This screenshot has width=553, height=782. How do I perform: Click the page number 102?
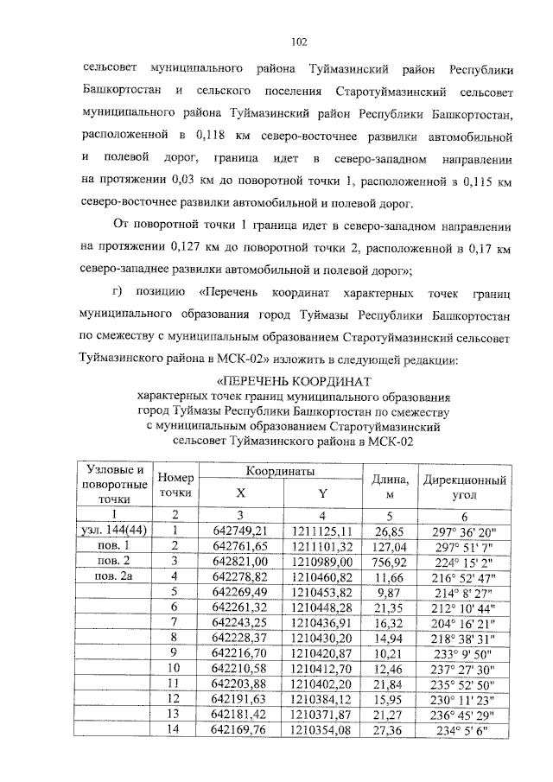[x=300, y=40]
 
